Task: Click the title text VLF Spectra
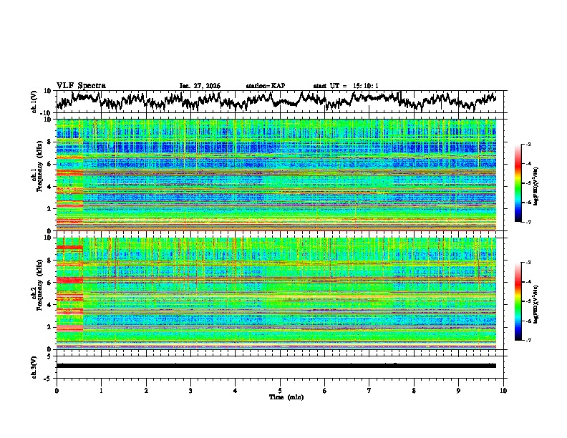(81, 86)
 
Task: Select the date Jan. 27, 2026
(200, 86)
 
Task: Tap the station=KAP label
(265, 86)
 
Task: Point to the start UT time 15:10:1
(346, 86)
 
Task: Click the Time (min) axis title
(281, 396)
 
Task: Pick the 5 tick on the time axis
(280, 390)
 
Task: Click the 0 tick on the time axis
(57, 390)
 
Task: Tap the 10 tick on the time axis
(503, 390)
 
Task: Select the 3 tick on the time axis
(190, 390)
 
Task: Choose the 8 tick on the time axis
(414, 390)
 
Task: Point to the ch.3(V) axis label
(34, 366)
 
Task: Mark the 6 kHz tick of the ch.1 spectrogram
(49, 165)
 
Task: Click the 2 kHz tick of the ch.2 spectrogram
(49, 326)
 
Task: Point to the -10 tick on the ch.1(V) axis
(45, 113)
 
